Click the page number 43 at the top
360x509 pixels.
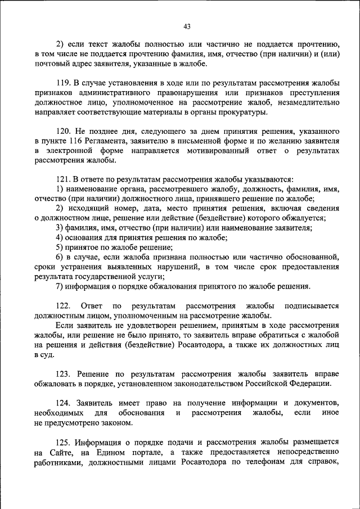[187, 26]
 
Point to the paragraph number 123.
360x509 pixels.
[64, 373]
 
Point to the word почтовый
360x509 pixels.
[51, 64]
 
